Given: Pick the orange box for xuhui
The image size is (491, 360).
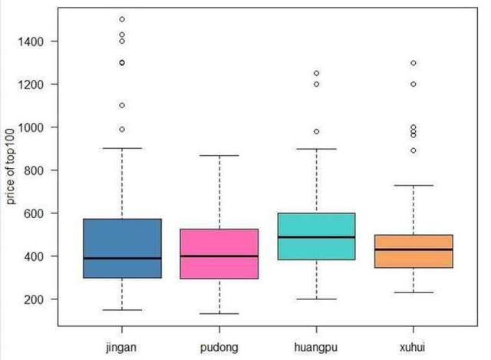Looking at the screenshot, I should click(414, 251).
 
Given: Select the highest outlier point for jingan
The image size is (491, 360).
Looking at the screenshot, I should click(122, 19).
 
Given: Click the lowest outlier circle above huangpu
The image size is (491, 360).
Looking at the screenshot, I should click(316, 131).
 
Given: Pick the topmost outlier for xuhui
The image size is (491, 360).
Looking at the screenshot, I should click(414, 63).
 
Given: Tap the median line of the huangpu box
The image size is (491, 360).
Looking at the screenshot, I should click(316, 237).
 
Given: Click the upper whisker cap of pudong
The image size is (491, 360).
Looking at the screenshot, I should click(219, 156).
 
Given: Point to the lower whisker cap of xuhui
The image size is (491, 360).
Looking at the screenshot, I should click(414, 292).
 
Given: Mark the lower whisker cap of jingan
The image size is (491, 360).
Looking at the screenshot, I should click(122, 310).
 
